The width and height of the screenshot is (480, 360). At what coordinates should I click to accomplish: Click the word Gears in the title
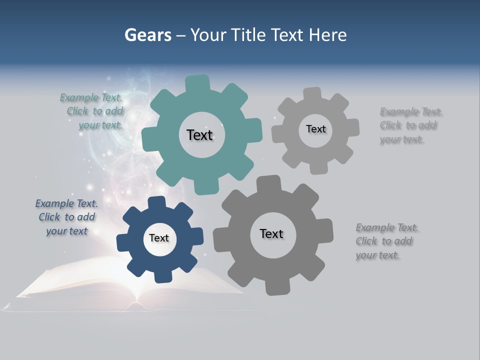(x=147, y=35)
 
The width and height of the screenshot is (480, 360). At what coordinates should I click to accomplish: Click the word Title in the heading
(x=249, y=35)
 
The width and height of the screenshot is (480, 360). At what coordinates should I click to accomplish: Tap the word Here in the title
(x=327, y=35)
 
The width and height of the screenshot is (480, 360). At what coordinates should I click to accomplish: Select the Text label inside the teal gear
(x=199, y=135)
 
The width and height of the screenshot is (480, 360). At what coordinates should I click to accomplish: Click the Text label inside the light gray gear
(x=315, y=129)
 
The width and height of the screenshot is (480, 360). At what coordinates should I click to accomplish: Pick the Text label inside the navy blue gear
(x=159, y=238)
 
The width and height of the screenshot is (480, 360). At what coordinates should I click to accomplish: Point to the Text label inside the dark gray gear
(x=271, y=233)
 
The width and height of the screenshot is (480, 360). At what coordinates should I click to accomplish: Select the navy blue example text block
(x=66, y=217)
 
